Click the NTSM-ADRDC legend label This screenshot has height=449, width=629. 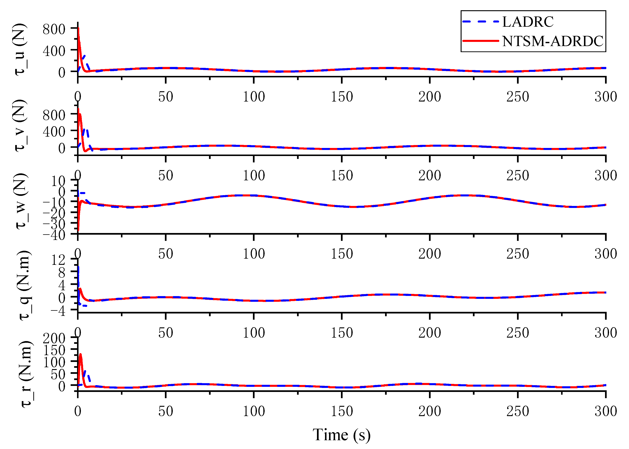[552, 41]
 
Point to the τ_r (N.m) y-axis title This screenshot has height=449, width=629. [27, 374]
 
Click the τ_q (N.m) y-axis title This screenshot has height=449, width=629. [25, 285]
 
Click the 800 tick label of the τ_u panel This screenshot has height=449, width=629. [54, 29]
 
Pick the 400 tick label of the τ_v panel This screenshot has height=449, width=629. [54, 132]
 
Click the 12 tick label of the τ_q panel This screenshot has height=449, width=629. [58, 260]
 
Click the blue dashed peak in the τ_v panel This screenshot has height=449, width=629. [85, 129]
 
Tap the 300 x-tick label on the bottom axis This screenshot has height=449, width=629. [606, 411]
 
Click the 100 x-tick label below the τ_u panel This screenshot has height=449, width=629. [254, 97]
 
